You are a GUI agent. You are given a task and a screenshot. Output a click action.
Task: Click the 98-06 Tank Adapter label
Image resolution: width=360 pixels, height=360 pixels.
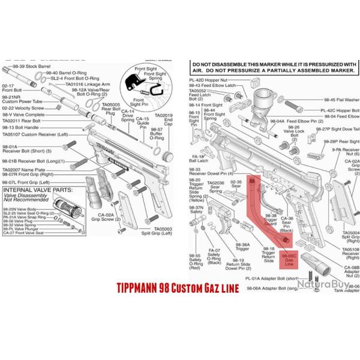(x=349, y=289)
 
